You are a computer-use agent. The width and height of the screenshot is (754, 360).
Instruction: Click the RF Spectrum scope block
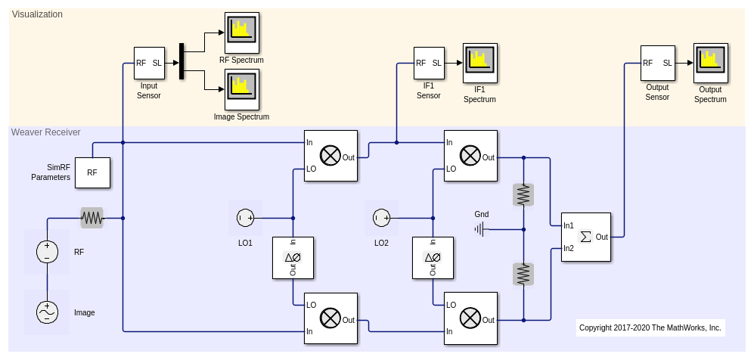242,33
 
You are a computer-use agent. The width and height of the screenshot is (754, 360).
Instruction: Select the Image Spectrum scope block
242,89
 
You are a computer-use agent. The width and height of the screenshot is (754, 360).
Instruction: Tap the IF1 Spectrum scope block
480,63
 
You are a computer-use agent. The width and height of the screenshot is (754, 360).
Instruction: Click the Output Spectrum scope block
710,63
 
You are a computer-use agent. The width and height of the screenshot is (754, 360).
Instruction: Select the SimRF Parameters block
92,172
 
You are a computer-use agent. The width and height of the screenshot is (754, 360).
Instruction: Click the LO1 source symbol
245,218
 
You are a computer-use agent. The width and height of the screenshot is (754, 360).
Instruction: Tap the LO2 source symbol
381,218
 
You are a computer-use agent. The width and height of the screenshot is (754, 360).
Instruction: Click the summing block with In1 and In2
585,237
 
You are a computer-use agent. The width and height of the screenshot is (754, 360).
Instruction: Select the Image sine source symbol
47,312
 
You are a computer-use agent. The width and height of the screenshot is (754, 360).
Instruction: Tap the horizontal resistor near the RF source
92,218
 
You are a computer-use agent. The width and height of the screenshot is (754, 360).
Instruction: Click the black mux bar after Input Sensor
182,61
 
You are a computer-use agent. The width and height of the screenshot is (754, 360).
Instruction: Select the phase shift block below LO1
293,258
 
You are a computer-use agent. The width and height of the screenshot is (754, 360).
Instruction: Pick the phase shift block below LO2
433,258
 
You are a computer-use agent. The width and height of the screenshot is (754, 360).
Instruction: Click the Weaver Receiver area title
45,132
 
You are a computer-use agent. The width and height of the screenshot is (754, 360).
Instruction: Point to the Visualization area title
37,14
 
